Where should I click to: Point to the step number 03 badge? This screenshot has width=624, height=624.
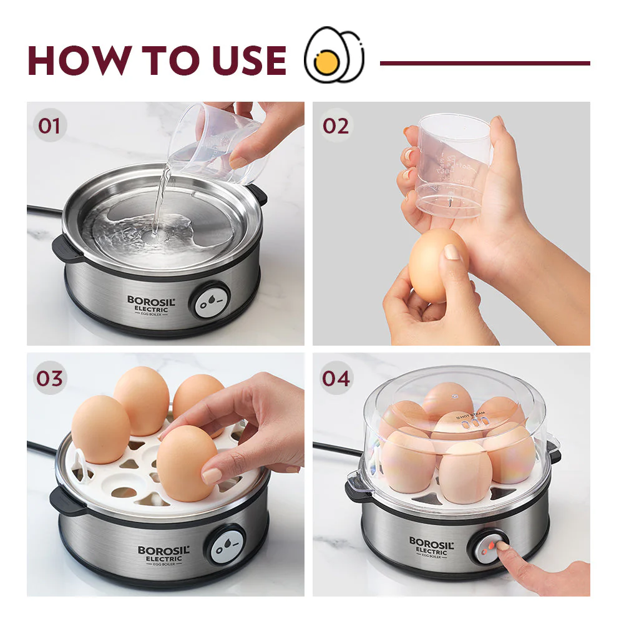click(49, 378)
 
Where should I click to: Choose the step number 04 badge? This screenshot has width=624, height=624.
click(336, 378)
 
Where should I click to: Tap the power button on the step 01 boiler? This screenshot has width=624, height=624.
click(210, 301)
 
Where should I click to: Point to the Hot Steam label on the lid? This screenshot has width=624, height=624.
click(470, 414)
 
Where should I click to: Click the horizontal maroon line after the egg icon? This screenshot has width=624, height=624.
click(485, 63)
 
